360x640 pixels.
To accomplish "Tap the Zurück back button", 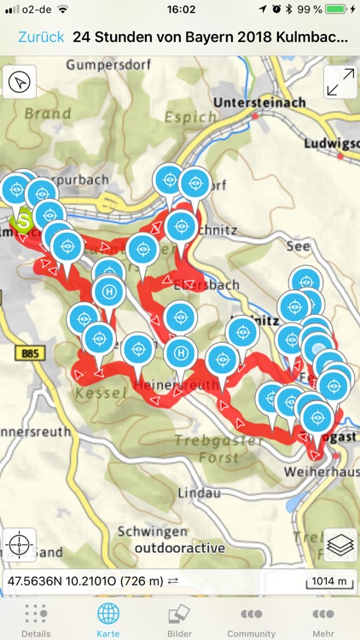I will pyautogui.click(x=40, y=38).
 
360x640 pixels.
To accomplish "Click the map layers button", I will pyautogui.click(x=340, y=544).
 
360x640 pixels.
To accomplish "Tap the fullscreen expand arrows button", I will pyautogui.click(x=340, y=83).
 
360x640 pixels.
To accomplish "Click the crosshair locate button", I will pyautogui.click(x=20, y=544).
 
